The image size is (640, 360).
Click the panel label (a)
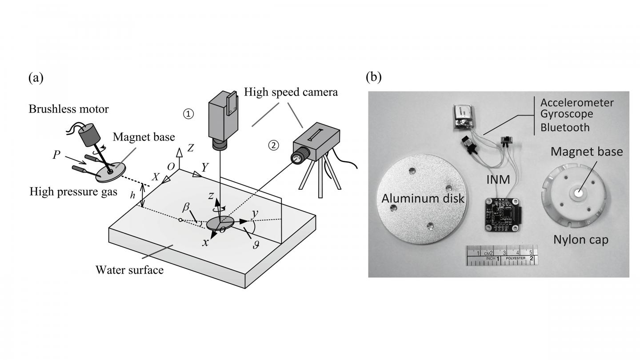coord(36,78)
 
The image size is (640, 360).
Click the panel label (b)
coord(373,77)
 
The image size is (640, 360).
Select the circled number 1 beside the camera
coord(188,114)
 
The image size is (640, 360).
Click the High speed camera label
coord(291,92)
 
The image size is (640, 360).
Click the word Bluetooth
coord(564,128)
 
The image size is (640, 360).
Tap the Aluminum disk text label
coord(423,199)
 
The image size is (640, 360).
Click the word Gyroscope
coord(566,115)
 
